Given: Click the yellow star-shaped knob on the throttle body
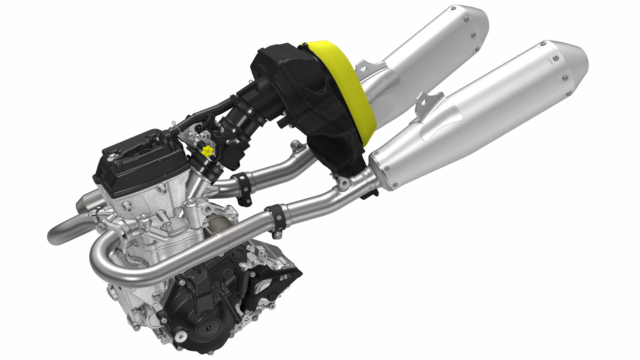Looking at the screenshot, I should (x=206, y=151).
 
